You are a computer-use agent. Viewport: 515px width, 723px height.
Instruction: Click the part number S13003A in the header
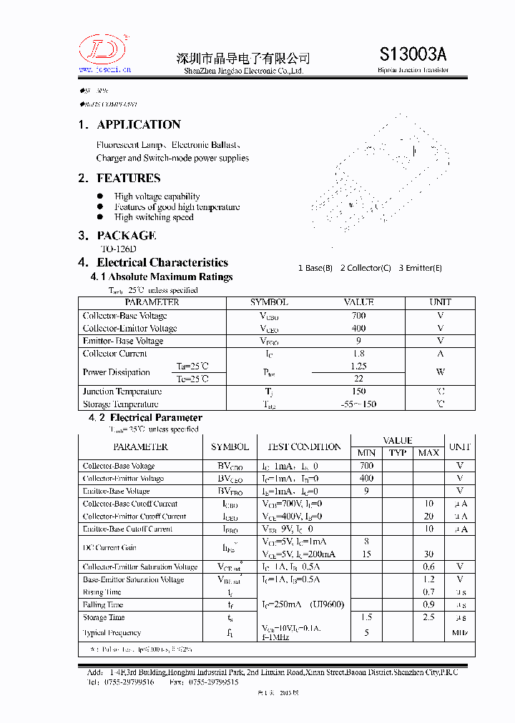(x=413, y=54)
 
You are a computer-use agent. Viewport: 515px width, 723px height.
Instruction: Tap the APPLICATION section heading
(x=139, y=124)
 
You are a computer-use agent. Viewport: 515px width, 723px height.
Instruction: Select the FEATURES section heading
(x=129, y=178)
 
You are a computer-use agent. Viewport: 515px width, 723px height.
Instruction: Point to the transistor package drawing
(x=379, y=168)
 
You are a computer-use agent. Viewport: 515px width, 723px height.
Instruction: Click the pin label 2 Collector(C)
(x=366, y=268)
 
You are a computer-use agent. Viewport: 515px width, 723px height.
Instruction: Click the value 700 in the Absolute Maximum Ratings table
(x=358, y=315)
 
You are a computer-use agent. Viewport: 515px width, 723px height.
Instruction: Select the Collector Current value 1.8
(x=358, y=353)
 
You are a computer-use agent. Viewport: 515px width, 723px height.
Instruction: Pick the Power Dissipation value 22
(x=358, y=379)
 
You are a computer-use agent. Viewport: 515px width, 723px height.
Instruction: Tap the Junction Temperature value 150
(x=358, y=391)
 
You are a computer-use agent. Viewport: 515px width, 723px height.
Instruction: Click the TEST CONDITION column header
(x=304, y=447)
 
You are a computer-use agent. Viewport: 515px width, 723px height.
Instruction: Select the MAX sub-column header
(x=428, y=453)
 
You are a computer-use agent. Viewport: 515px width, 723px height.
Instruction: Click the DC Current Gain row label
(x=109, y=547)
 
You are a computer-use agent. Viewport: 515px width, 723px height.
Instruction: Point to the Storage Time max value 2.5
(x=428, y=617)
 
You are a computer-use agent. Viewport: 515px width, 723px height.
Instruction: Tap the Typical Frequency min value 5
(x=366, y=632)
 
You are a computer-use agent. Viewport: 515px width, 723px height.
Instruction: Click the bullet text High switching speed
(x=154, y=217)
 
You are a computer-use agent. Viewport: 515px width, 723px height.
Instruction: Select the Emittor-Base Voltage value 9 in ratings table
(x=358, y=341)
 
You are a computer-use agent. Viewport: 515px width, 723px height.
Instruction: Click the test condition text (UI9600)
(x=327, y=604)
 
